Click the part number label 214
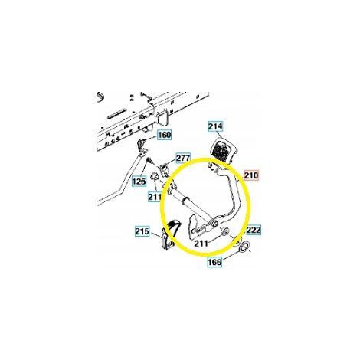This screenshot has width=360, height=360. click(215, 126)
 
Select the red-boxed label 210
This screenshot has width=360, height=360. click(251, 175)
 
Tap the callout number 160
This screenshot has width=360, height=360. click(164, 135)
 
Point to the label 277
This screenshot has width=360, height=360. click(183, 158)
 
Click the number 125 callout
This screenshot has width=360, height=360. click(139, 182)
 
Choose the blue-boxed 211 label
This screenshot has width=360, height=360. click(155, 197)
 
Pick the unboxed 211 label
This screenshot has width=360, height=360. click(201, 244)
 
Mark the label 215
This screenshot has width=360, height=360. click(142, 231)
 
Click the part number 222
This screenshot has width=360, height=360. click(254, 230)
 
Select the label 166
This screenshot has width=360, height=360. click(215, 262)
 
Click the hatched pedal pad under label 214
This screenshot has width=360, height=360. click(221, 152)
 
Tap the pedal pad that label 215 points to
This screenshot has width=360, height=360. click(169, 233)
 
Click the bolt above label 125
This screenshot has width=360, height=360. click(149, 162)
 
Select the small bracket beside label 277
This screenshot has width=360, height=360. click(164, 169)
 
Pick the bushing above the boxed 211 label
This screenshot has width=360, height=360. click(154, 176)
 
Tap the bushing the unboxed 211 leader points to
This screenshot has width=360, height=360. click(224, 231)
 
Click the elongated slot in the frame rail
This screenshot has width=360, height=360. click(117, 113)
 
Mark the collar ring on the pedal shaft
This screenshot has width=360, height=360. click(185, 201)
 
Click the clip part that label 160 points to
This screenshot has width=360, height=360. click(141, 146)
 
